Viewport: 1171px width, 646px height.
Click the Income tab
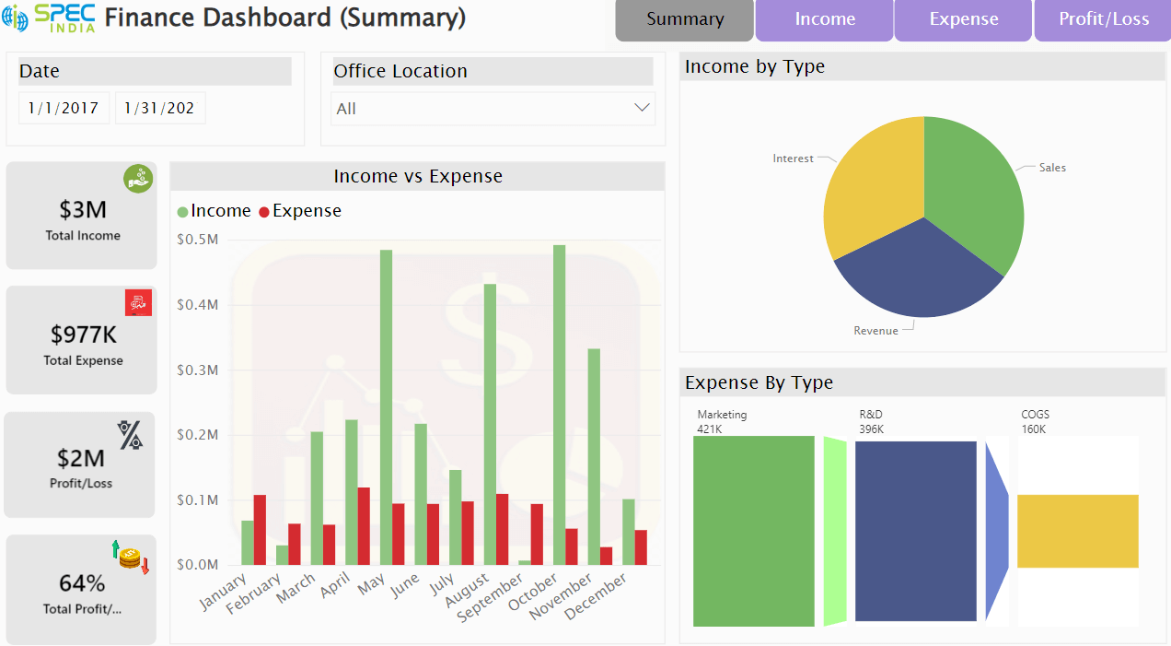click(x=825, y=19)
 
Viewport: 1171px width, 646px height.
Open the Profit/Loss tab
click(x=1103, y=19)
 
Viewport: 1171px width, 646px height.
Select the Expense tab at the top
click(x=963, y=19)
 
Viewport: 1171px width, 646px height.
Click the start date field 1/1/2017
click(x=64, y=108)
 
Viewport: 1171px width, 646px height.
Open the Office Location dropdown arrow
click(x=642, y=108)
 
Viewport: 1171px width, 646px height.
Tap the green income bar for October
click(x=559, y=405)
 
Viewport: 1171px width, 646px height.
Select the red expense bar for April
click(x=364, y=526)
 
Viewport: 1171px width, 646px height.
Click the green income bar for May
click(x=386, y=405)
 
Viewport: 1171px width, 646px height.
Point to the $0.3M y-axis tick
click(x=197, y=370)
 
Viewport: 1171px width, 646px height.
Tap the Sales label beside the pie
click(x=1052, y=168)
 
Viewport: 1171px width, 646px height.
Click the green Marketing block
click(x=753, y=530)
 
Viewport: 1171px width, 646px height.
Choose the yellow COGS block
click(x=1077, y=531)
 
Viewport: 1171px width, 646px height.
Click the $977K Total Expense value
click(x=83, y=334)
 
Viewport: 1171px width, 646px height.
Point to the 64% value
click(x=82, y=583)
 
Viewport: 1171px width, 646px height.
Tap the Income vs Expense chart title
click(x=418, y=176)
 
